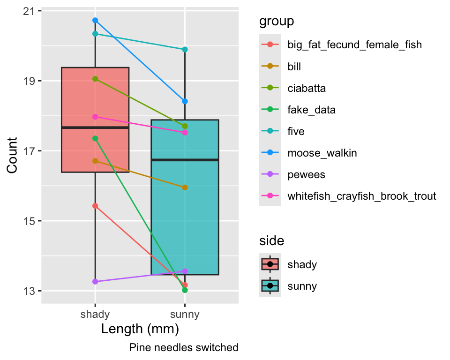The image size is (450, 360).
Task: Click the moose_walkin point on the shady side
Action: point(95,20)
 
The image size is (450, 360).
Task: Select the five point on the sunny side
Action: point(185,49)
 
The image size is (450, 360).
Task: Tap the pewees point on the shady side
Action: point(95,282)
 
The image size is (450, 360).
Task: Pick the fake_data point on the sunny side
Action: point(185,290)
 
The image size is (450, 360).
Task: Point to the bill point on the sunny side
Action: point(185,187)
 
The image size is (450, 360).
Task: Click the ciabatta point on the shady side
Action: point(95,79)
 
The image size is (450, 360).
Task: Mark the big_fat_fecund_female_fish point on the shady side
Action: point(95,206)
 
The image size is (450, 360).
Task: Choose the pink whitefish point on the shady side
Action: point(95,117)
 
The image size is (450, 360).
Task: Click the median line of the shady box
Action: point(95,127)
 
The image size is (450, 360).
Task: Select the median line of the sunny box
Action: point(185,160)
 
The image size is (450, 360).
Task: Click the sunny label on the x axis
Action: point(185,315)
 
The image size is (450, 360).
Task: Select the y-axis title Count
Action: point(12,155)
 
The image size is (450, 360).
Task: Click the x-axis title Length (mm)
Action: point(140,329)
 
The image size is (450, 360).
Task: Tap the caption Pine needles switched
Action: point(184,348)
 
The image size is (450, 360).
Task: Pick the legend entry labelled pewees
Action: point(306,174)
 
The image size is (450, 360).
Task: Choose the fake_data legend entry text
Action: point(311,110)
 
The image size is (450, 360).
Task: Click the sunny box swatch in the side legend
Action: point(270,286)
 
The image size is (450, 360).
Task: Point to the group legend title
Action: point(277,22)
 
